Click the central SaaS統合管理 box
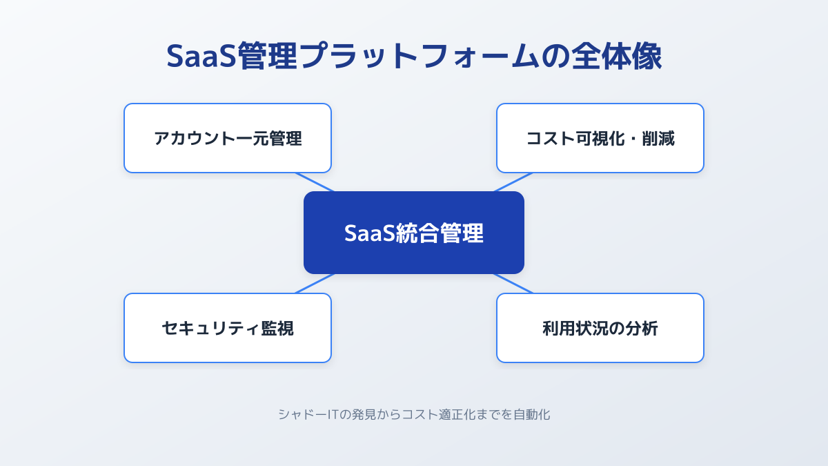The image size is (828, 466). (x=414, y=233)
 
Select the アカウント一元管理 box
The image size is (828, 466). (x=228, y=138)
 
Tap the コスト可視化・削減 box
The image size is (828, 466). (x=600, y=138)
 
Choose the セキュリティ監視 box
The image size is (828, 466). (x=228, y=328)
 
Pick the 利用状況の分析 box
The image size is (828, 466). (x=600, y=328)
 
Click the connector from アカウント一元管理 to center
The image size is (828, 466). (x=315, y=182)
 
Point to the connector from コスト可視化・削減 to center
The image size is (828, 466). (x=513, y=182)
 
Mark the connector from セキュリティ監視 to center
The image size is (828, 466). (x=315, y=284)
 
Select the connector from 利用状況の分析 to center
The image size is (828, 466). (x=513, y=284)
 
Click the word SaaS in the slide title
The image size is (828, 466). (x=201, y=56)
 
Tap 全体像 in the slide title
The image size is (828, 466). (x=616, y=56)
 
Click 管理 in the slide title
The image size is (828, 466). (x=267, y=56)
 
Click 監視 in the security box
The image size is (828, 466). (x=277, y=329)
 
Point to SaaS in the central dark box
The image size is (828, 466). (x=370, y=233)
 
